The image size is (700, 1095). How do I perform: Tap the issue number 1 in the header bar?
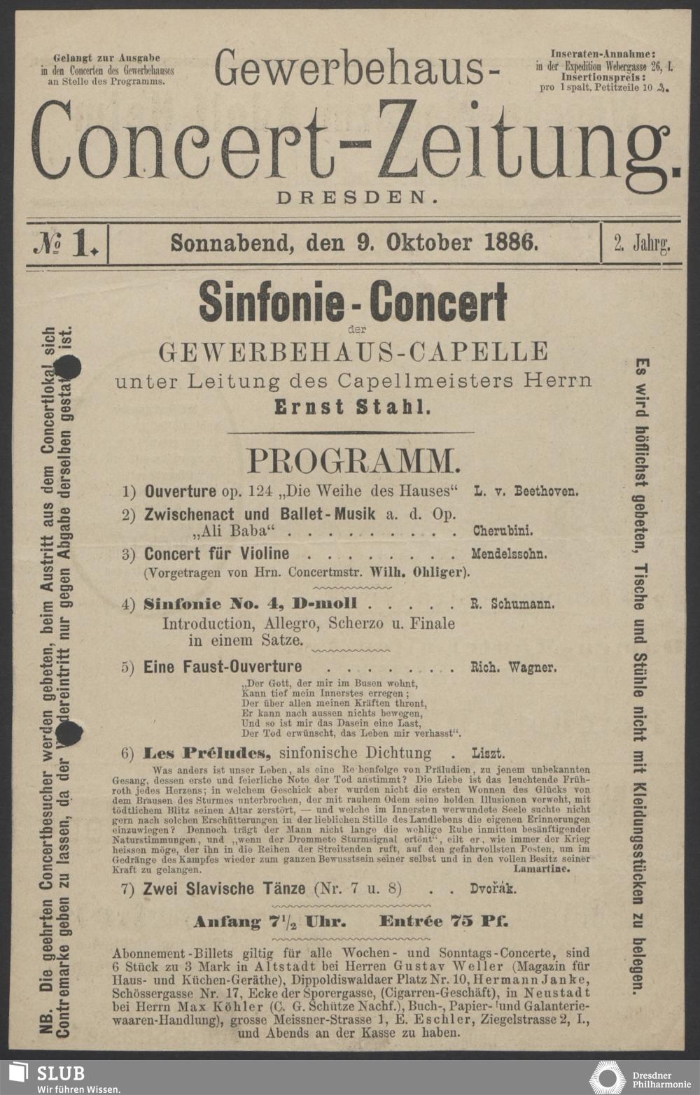tap(84, 243)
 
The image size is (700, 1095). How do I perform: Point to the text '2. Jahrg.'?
tap(642, 243)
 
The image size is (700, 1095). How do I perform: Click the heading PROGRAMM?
tap(354, 460)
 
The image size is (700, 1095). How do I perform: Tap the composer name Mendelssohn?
tap(509, 554)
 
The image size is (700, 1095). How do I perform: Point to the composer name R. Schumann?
tap(512, 604)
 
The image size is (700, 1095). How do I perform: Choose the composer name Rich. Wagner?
tap(514, 667)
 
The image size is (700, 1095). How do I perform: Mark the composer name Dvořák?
tap(493, 889)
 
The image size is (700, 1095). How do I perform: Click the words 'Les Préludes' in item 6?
tap(207, 754)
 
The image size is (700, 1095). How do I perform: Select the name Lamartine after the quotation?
tap(542, 868)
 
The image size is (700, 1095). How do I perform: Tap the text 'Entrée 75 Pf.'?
tap(444, 921)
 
